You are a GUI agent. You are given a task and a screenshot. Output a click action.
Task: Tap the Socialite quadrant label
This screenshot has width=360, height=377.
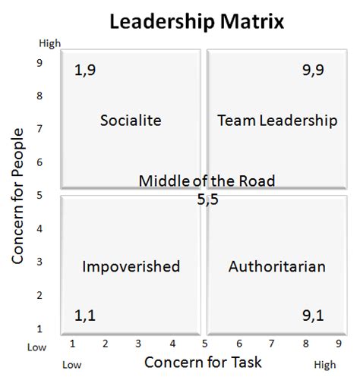tap(131, 120)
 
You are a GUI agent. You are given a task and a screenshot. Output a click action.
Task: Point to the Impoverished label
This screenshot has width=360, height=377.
tap(131, 266)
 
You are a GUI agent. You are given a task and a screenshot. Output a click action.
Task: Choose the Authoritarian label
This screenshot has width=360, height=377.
tap(276, 266)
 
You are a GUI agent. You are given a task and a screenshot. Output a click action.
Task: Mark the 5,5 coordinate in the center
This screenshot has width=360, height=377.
tap(207, 200)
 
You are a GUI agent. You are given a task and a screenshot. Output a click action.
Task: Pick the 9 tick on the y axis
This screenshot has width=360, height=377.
tap(39, 64)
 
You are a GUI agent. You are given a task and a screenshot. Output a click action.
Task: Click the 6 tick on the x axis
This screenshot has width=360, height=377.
tap(239, 344)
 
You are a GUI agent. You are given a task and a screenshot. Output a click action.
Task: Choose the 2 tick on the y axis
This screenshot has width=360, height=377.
tap(39, 296)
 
